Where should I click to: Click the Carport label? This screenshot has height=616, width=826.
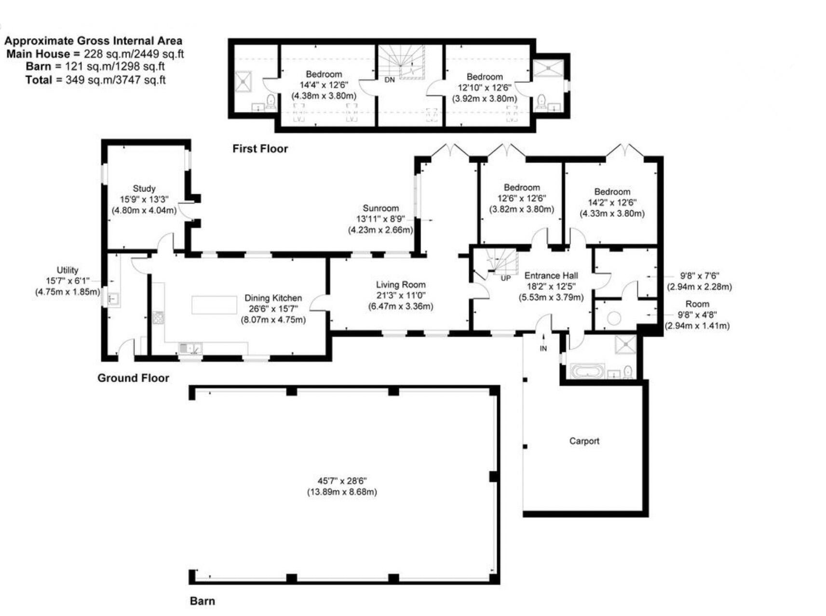tap(584, 441)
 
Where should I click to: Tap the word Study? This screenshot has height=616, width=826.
tap(144, 189)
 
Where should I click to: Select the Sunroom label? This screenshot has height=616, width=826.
tap(380, 208)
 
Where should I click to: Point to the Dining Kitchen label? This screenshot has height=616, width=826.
tap(273, 298)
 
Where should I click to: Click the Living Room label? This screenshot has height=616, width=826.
tap(401, 285)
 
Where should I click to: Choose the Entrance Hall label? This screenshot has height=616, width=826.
tap(551, 275)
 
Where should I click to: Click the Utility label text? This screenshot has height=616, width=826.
tap(68, 270)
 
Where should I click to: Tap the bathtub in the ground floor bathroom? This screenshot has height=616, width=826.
tap(587, 371)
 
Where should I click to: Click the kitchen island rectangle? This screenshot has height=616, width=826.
tap(214, 305)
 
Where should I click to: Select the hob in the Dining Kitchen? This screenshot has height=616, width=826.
tap(158, 317)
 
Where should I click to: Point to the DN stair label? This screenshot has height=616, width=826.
tap(390, 80)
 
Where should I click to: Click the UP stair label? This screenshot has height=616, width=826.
tap(505, 278)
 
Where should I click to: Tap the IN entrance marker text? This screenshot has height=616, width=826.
tap(543, 348)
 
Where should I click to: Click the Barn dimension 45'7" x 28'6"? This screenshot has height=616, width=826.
tap(342, 481)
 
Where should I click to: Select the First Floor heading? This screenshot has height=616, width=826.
tap(260, 149)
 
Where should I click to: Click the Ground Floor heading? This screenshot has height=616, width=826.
tap(133, 378)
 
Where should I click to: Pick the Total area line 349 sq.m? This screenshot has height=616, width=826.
tap(95, 80)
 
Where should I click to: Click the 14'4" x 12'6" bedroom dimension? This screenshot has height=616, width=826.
tap(324, 85)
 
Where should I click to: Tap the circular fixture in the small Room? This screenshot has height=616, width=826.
tap(614, 318)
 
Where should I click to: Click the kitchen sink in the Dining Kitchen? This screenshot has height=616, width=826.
tap(190, 348)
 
